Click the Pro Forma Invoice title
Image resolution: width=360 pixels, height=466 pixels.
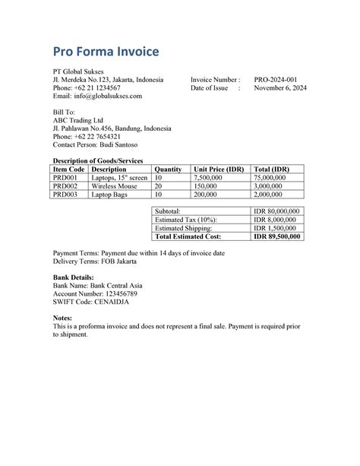pyautogui.click(x=106, y=52)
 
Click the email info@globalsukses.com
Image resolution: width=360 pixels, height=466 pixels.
pyautogui.click(x=97, y=97)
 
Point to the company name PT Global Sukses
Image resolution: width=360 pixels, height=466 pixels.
pyautogui.click(x=78, y=71)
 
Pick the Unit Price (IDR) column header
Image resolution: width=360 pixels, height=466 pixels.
pyautogui.click(x=220, y=169)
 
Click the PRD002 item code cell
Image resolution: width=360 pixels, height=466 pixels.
pyautogui.click(x=65, y=185)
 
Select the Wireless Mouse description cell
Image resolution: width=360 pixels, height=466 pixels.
pyautogui.click(x=115, y=185)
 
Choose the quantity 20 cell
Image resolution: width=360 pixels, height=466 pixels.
pyautogui.click(x=159, y=185)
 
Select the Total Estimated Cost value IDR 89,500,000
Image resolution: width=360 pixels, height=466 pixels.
pyautogui.click(x=276, y=236)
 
